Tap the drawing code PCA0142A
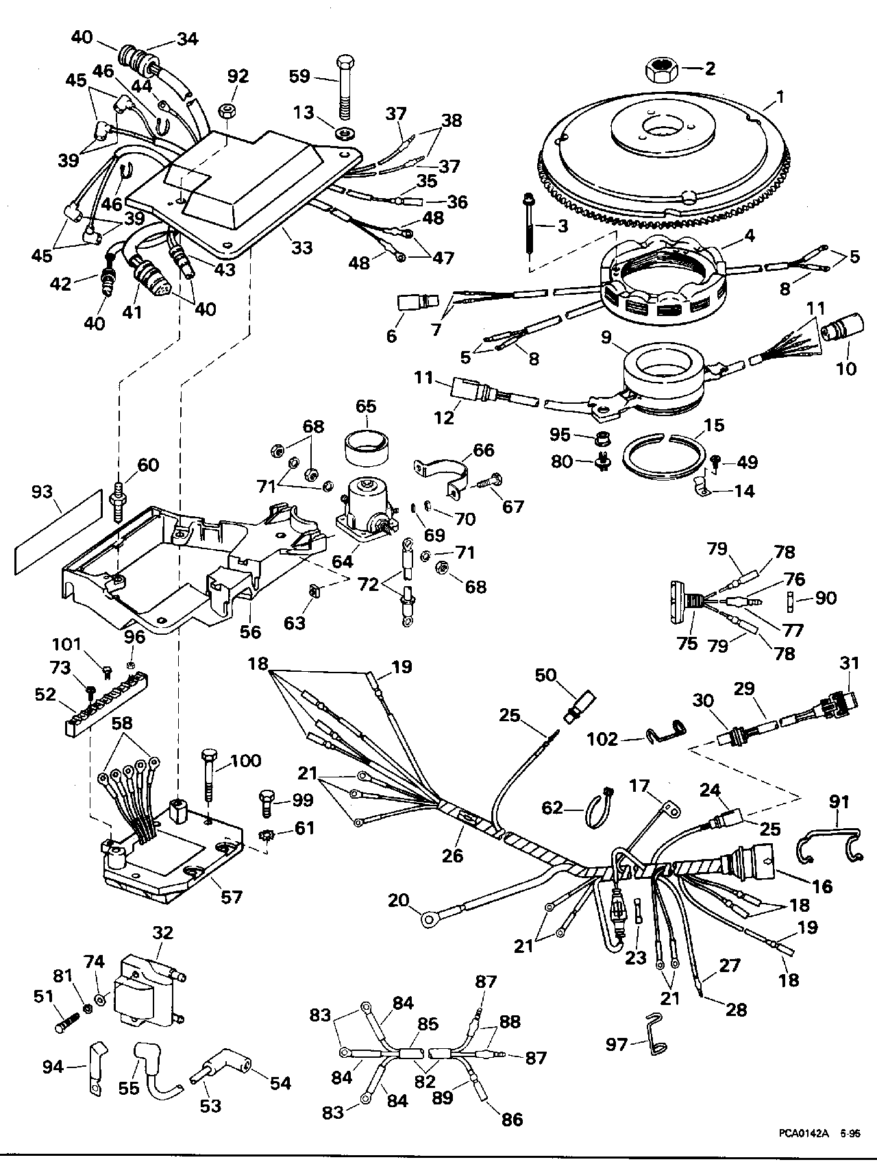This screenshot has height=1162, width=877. (x=802, y=1134)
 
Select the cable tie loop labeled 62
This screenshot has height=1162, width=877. (x=597, y=810)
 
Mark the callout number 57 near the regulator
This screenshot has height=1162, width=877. (x=232, y=896)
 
